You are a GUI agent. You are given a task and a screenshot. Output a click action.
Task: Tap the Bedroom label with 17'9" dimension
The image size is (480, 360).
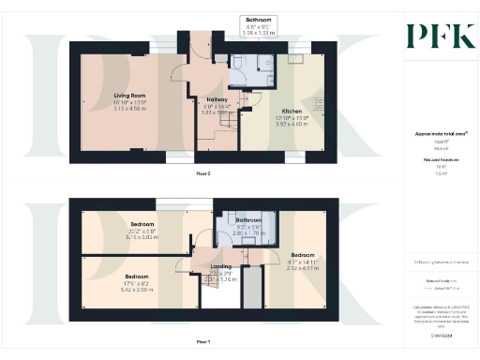pyautogui.click(x=137, y=277)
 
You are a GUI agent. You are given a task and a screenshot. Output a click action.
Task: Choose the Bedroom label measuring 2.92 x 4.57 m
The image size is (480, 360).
pyautogui.click(x=302, y=255)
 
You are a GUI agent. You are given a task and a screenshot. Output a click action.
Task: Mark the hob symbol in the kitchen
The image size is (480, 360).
pyautogui.click(x=316, y=102)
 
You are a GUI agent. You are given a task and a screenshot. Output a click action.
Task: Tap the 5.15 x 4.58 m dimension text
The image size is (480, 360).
pyautogui.click(x=105, y=108)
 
